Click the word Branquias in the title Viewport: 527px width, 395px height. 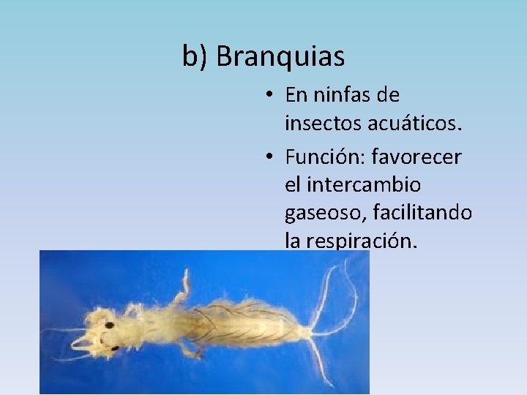(281, 56)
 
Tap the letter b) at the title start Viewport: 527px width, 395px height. (195, 56)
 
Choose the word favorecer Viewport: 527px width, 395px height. (417, 157)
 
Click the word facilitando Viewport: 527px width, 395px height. (422, 213)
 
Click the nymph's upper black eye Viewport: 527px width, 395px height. (109, 325)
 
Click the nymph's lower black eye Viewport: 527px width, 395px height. (114, 348)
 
